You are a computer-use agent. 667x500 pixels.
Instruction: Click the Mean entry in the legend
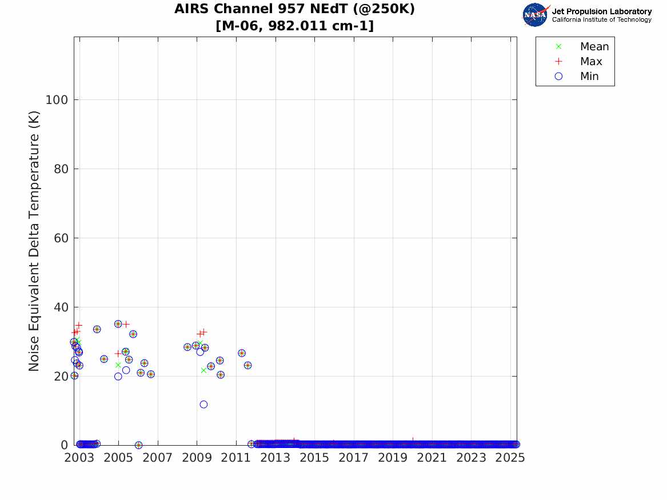pyautogui.click(x=594, y=47)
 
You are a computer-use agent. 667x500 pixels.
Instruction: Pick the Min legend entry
pyautogui.click(x=589, y=77)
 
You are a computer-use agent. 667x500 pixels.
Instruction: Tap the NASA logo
pyautogui.click(x=536, y=15)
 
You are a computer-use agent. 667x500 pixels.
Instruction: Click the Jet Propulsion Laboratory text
pyautogui.click(x=601, y=11)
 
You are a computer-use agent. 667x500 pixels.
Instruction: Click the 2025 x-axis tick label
pyautogui.click(x=510, y=458)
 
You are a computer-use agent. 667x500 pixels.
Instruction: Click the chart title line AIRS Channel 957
pyautogui.click(x=294, y=9)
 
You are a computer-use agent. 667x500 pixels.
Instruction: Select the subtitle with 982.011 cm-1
pyautogui.click(x=294, y=26)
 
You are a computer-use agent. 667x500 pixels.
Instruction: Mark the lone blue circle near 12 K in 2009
pyautogui.click(x=203, y=405)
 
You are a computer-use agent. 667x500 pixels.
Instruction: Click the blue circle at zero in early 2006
pyautogui.click(x=138, y=445)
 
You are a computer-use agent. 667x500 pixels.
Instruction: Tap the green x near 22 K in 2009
pyautogui.click(x=203, y=370)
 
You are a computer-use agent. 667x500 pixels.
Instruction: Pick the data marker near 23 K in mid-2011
pyautogui.click(x=247, y=365)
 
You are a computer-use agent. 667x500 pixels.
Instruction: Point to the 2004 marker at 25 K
pyautogui.click(x=104, y=359)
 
